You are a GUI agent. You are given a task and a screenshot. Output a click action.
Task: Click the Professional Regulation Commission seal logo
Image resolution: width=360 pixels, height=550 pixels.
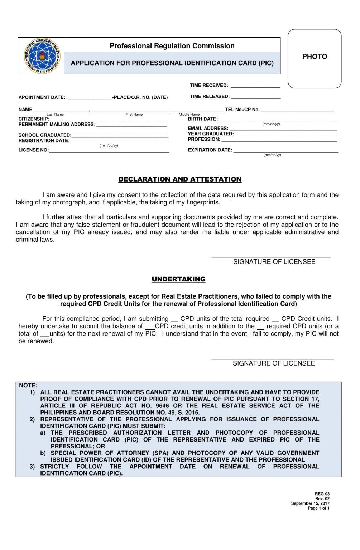(x=42, y=56)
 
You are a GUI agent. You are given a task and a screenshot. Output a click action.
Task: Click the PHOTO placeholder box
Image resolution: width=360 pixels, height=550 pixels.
(x=314, y=59)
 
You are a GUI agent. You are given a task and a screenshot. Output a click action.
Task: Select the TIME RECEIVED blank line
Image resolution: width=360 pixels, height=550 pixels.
(x=255, y=86)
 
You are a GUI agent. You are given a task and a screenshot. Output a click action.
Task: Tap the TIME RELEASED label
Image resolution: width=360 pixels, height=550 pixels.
(x=210, y=97)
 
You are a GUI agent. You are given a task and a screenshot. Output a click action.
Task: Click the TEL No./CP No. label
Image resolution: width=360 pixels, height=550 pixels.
(x=242, y=110)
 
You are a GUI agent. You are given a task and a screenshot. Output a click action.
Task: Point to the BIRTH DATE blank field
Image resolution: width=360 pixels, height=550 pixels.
(x=278, y=120)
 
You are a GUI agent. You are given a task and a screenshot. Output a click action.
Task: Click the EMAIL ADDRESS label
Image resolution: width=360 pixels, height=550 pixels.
(x=208, y=128)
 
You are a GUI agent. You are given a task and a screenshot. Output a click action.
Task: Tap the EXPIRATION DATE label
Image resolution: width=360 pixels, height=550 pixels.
(x=210, y=150)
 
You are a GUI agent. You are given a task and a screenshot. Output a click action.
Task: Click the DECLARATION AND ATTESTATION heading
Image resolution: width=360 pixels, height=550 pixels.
(x=180, y=179)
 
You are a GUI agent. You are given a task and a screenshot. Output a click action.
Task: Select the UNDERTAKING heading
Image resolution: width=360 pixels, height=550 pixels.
(x=178, y=279)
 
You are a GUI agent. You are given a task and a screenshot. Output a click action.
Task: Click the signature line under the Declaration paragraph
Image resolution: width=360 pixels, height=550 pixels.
(x=270, y=256)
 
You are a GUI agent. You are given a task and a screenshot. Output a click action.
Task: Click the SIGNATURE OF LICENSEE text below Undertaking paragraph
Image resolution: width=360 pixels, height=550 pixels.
(x=274, y=363)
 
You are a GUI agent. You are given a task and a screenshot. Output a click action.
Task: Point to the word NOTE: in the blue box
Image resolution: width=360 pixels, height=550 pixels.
(x=28, y=386)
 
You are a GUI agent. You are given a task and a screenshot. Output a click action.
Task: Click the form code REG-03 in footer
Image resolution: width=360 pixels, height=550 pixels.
(x=322, y=494)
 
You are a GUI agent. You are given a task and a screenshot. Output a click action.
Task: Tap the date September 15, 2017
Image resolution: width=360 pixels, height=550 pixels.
(x=310, y=503)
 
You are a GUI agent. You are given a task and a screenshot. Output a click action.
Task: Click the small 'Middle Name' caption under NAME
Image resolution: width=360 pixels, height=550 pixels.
(x=189, y=115)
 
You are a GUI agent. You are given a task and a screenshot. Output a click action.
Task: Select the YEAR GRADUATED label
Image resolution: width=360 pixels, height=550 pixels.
(x=210, y=134)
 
